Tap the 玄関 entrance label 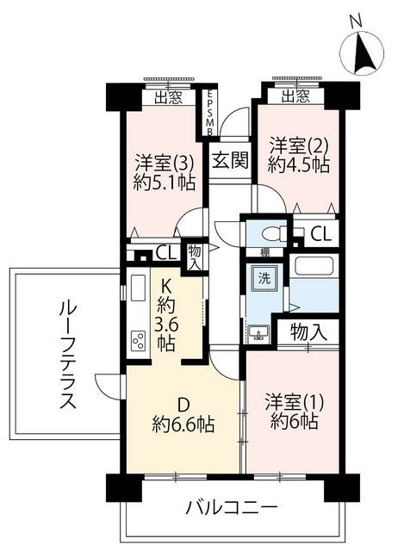tap(230, 160)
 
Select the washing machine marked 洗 tap(264, 277)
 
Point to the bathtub tap(314, 266)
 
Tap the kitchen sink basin tap(138, 288)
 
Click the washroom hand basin tap(258, 334)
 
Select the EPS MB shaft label tap(209, 113)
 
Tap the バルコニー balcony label tap(232, 506)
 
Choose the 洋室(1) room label tap(295, 404)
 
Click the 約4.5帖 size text tap(298, 164)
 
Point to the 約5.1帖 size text tap(165, 183)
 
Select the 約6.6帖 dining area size tap(183, 424)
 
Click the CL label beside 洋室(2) tap(321, 233)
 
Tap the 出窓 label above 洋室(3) tap(169, 98)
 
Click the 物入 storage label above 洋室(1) tap(309, 332)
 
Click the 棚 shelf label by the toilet tap(264, 252)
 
